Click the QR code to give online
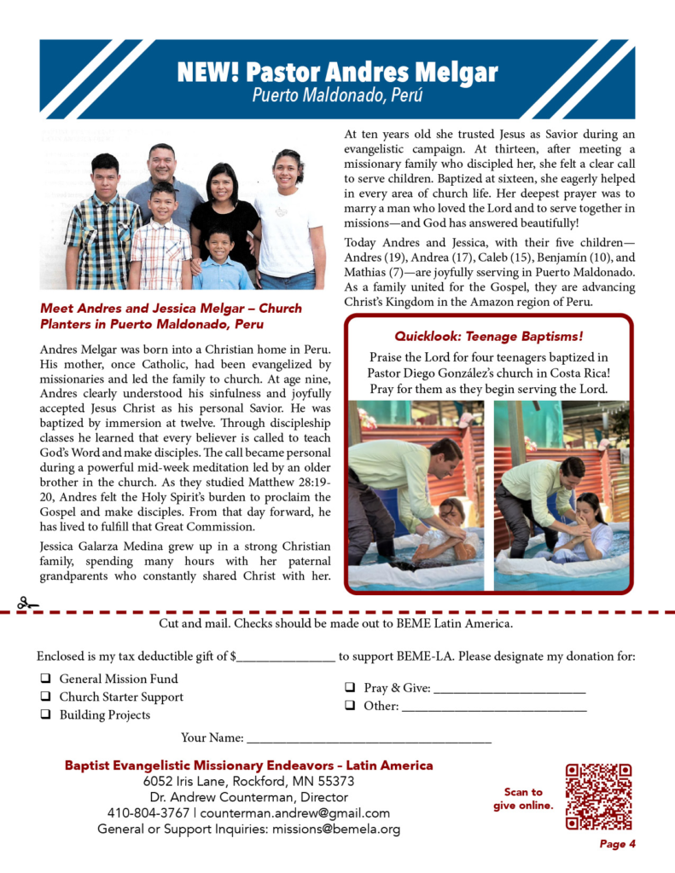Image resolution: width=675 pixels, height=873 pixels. coord(598,796)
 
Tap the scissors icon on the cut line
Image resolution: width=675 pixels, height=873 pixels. coord(27,604)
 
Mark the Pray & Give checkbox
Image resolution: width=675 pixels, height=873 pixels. coord(350,688)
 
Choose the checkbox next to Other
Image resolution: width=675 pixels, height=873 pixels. coord(350,706)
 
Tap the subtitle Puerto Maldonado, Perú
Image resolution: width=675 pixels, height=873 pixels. coord(337,95)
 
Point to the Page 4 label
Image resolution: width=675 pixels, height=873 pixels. coord(617,845)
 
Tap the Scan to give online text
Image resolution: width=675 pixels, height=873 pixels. coord(523,798)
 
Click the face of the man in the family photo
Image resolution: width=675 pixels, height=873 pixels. coord(161,162)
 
